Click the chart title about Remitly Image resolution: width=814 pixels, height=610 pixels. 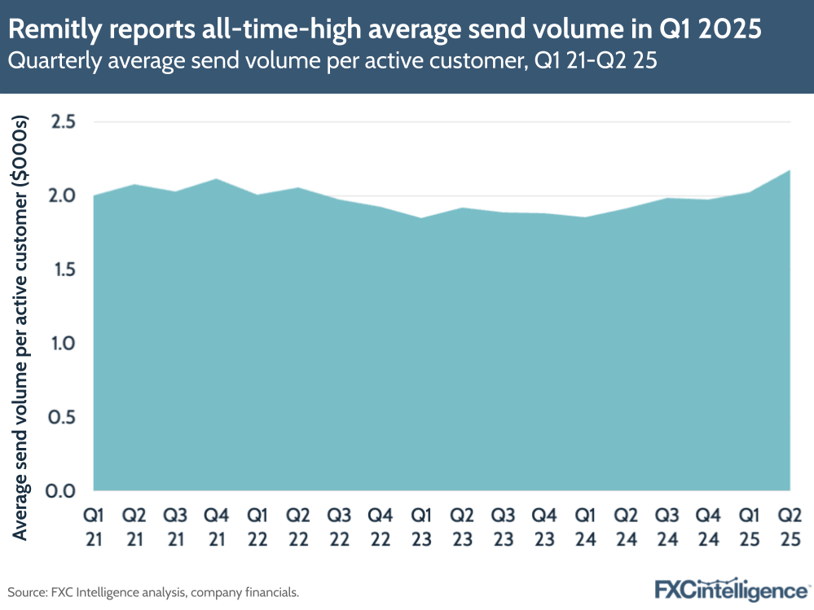point(386,29)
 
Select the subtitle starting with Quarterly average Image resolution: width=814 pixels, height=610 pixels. point(332,61)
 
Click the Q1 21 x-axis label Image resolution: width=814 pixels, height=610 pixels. point(95,527)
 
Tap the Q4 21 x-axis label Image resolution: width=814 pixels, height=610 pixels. point(217,527)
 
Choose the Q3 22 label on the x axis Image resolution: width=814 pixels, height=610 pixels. point(340,527)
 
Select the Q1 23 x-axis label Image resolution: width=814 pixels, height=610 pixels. point(422,527)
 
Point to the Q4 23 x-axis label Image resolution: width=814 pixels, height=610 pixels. point(544,527)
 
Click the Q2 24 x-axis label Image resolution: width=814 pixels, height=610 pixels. point(627,527)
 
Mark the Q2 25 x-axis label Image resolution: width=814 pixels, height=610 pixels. point(790,527)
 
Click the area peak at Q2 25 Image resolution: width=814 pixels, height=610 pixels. point(790,171)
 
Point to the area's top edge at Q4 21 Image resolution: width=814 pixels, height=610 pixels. point(217,179)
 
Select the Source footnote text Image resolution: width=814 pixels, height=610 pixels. point(153,592)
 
